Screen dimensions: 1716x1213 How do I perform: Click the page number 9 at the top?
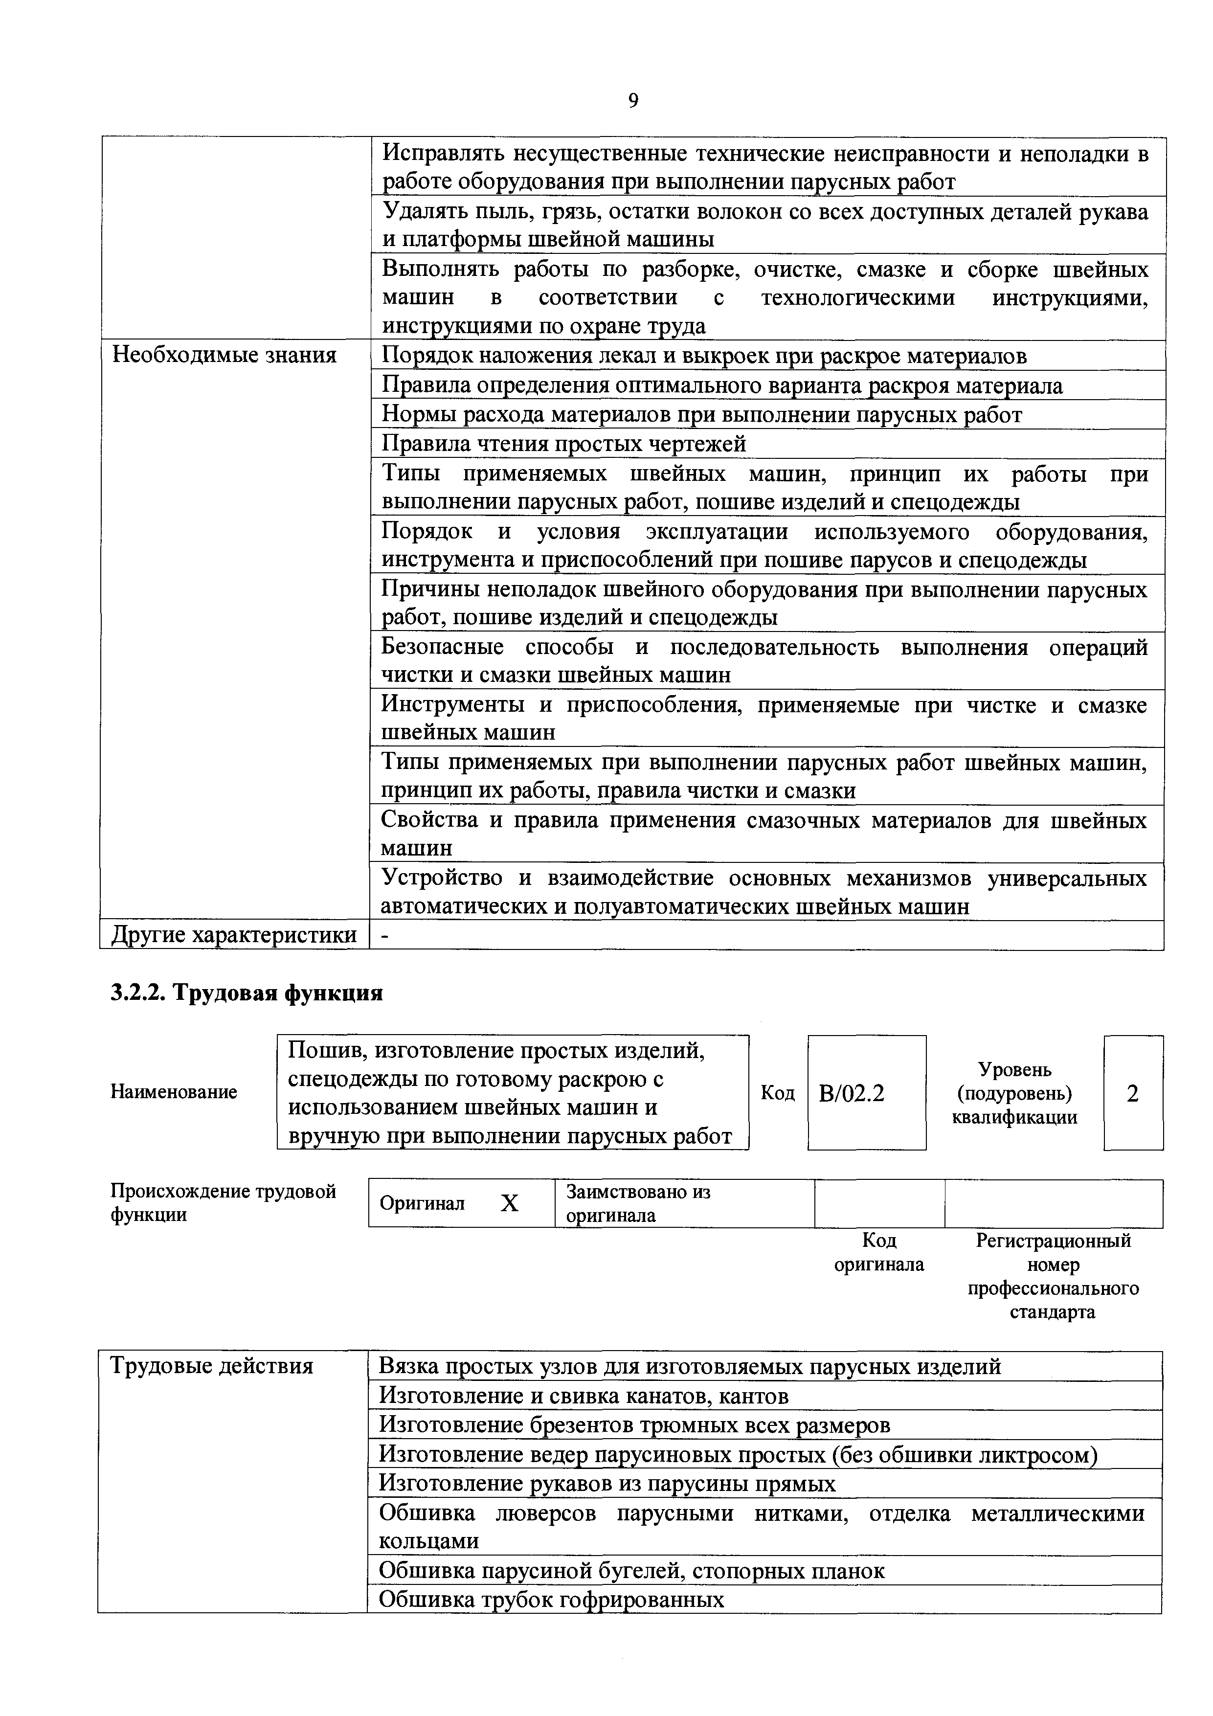(x=633, y=101)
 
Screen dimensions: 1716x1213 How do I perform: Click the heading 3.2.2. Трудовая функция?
(x=247, y=993)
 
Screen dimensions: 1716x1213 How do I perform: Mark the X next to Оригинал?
(x=509, y=1203)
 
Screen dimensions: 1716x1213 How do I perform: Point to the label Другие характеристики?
(x=233, y=935)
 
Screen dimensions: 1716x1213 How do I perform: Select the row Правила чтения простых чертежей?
(x=564, y=444)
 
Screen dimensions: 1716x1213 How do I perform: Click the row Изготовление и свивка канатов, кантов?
(x=584, y=1396)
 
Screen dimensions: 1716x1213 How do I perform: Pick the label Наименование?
(x=174, y=1092)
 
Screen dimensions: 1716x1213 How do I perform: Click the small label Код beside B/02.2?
(x=777, y=1093)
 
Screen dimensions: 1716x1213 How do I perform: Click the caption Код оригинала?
(x=879, y=1253)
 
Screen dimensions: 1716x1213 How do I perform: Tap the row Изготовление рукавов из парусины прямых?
(x=607, y=1484)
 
